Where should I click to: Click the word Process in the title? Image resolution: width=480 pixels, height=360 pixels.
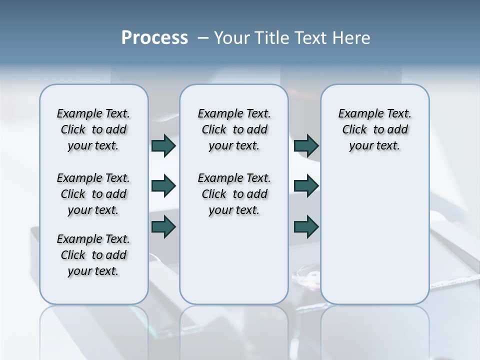(x=154, y=38)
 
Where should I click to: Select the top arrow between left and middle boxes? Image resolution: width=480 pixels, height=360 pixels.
(x=163, y=146)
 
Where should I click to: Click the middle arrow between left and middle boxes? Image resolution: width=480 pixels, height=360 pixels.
(x=163, y=186)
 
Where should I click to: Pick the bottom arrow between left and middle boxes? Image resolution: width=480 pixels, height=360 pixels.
(x=163, y=227)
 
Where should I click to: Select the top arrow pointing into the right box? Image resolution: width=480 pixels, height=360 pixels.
(x=306, y=146)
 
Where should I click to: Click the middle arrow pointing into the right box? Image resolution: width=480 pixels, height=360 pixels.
(x=306, y=186)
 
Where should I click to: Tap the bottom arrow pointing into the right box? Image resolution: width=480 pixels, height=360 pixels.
(x=306, y=227)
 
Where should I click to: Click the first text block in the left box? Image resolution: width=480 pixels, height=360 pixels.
(x=93, y=130)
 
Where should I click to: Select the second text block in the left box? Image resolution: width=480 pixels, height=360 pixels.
(x=93, y=194)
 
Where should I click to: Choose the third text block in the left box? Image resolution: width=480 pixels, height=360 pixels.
(x=93, y=255)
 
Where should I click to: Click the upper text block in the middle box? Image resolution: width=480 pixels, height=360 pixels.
(x=234, y=130)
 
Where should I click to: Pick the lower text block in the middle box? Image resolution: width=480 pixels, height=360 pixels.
(x=234, y=194)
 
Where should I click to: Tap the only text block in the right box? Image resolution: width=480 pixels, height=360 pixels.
(x=374, y=130)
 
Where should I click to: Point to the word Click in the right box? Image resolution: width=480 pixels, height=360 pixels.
(x=354, y=130)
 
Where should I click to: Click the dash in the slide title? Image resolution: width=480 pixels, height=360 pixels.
(x=203, y=38)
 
